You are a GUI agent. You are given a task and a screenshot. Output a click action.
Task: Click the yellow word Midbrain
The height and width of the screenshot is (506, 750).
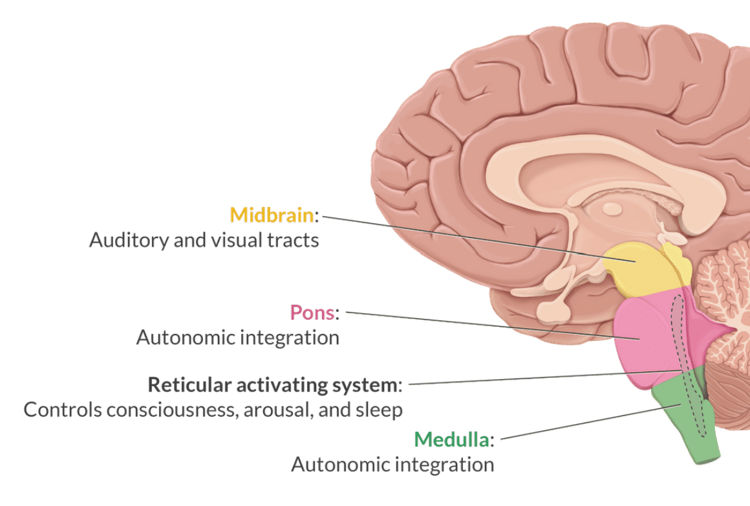(x=272, y=215)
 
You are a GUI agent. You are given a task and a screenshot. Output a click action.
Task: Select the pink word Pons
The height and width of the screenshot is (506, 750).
(x=312, y=313)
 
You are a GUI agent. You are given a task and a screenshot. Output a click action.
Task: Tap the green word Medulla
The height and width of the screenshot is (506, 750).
(x=451, y=439)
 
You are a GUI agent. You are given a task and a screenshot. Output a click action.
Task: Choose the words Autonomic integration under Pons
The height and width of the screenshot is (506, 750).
(x=237, y=337)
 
